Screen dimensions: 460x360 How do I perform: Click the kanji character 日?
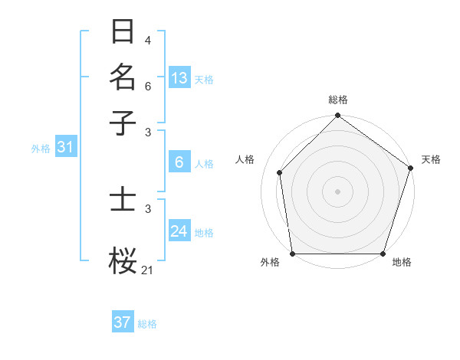click(123, 31)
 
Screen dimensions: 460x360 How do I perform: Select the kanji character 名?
click(123, 77)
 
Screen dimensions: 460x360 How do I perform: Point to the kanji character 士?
click(123, 201)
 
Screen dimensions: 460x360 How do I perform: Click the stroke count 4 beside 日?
click(147, 40)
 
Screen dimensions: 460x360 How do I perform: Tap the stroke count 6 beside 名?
click(147, 86)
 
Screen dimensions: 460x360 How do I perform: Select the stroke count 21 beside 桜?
click(148, 270)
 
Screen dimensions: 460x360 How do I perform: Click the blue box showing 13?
click(179, 78)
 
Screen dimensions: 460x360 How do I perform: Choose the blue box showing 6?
click(179, 162)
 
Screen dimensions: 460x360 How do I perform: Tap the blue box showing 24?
click(179, 231)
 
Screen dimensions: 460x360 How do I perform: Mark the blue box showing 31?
click(65, 148)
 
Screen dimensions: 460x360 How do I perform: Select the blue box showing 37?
click(123, 322)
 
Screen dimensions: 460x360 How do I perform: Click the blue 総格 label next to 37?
click(147, 324)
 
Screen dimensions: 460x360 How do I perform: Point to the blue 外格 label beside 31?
click(40, 149)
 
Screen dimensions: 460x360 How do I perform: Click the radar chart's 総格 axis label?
click(337, 100)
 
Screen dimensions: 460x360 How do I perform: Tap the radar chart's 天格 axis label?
click(431, 159)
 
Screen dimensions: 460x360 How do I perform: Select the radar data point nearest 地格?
click(383, 254)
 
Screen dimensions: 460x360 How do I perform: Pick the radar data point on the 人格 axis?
click(280, 172)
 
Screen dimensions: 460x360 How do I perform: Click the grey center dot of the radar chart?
click(337, 191)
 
